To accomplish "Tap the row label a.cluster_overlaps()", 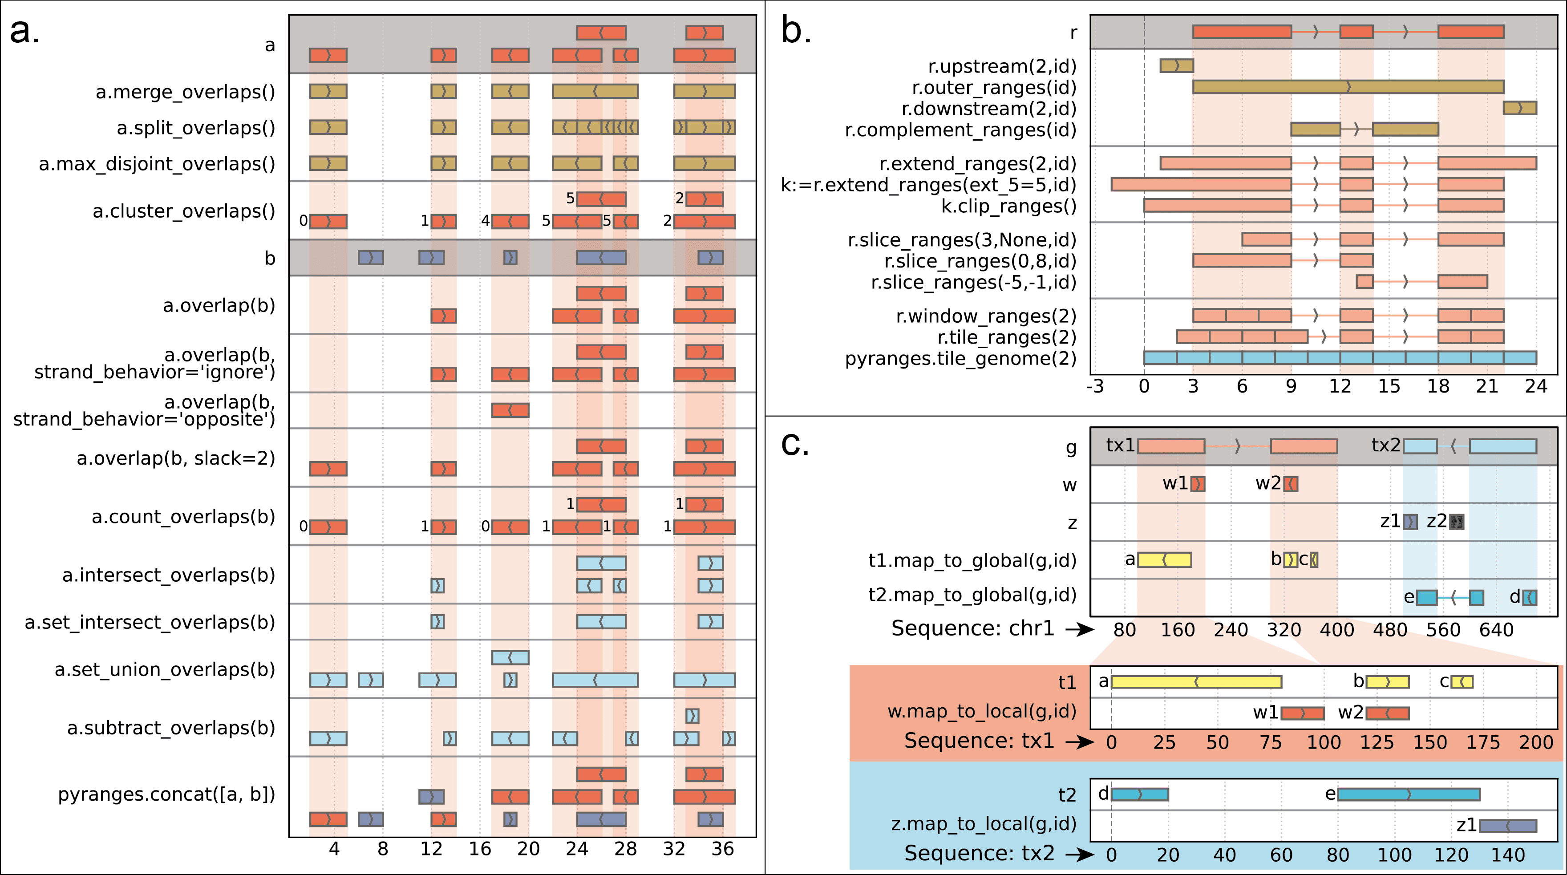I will tap(184, 211).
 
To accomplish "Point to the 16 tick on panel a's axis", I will tap(480, 848).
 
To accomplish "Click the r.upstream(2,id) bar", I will tap(1176, 66).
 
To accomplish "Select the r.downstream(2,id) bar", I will tap(1519, 108).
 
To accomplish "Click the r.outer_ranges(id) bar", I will tap(1348, 87).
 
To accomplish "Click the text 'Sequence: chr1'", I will tap(972, 628).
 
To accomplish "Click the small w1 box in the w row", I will tap(1198, 484).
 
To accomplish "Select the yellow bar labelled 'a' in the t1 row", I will tap(1196, 682).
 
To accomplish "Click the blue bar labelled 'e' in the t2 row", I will tap(1408, 794).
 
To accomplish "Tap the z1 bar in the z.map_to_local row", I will tap(1507, 826).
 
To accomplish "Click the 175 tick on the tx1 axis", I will tap(1483, 742).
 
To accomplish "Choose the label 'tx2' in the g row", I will tap(1386, 446).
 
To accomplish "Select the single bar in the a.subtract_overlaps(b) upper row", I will tap(692, 716).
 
